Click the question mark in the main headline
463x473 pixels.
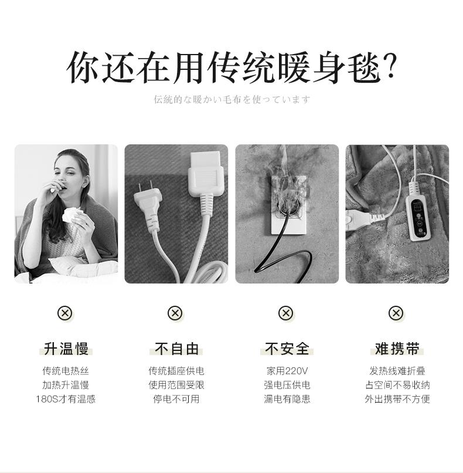pyautogui.click(x=390, y=67)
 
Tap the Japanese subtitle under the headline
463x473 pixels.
pyautogui.click(x=231, y=99)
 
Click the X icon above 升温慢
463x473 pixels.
pyautogui.click(x=65, y=313)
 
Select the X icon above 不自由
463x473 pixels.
pyautogui.click(x=175, y=313)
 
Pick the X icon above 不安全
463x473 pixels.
pyautogui.click(x=286, y=313)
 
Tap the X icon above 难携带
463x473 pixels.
pyautogui.click(x=396, y=313)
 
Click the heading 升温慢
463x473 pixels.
pyautogui.click(x=66, y=349)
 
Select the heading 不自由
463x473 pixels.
pyautogui.click(x=176, y=349)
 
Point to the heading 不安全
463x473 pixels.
pyautogui.click(x=287, y=349)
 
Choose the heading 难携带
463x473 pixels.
pyautogui.click(x=397, y=349)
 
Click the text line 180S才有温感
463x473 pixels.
pyautogui.click(x=66, y=399)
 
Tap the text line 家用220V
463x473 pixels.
pyautogui.click(x=287, y=371)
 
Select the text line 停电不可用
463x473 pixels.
pyautogui.click(x=176, y=399)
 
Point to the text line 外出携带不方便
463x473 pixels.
pyautogui.click(x=397, y=399)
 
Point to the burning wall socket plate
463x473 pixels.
pyautogui.click(x=289, y=205)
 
